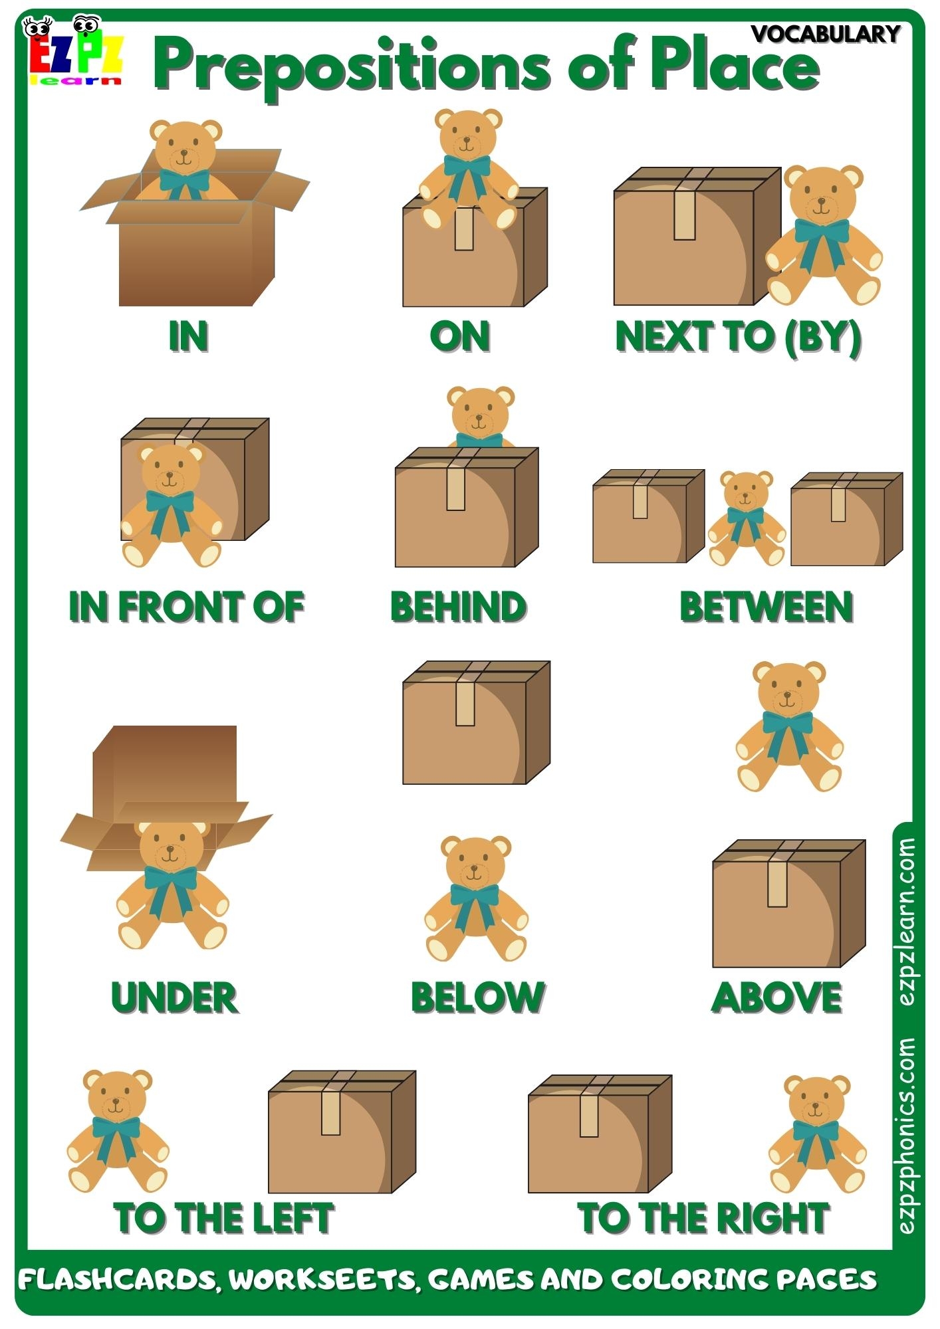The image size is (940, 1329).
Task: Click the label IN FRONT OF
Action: coord(186,607)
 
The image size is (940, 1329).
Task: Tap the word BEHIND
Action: coord(459,607)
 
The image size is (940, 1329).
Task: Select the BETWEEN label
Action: coord(766,607)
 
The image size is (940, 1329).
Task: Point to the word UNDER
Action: coord(174,998)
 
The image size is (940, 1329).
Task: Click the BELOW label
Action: coord(477,998)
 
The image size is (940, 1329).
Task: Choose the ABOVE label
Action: coord(776,998)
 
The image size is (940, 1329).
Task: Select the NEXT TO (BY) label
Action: coord(738,336)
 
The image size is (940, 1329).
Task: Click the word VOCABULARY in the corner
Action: coord(826,33)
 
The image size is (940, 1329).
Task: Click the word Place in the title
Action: coord(734,65)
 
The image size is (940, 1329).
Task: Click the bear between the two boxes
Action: coord(746,518)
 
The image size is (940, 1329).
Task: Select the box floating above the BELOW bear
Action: coord(476,723)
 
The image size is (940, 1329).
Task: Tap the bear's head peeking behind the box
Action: coord(480,413)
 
